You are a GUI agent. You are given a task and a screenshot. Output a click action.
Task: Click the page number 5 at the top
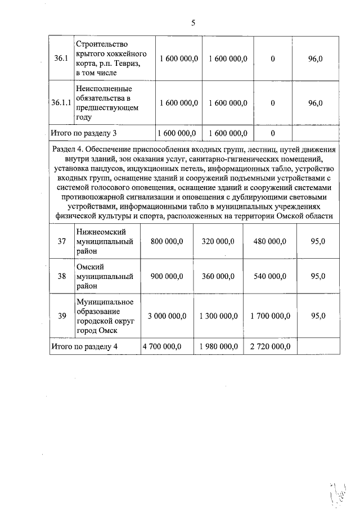click(x=193, y=23)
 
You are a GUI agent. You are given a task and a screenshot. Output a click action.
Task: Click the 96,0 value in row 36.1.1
click(x=316, y=103)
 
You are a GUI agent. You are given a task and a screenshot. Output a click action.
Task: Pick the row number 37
click(x=61, y=241)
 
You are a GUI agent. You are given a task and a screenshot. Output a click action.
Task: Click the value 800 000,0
click(x=167, y=241)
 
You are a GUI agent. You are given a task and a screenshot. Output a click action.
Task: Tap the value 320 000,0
click(x=218, y=241)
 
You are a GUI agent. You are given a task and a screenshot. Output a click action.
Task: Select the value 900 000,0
click(x=167, y=276)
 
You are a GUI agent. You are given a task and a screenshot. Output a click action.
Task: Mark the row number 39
click(x=61, y=316)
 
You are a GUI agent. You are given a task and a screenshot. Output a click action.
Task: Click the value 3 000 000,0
click(x=166, y=316)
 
